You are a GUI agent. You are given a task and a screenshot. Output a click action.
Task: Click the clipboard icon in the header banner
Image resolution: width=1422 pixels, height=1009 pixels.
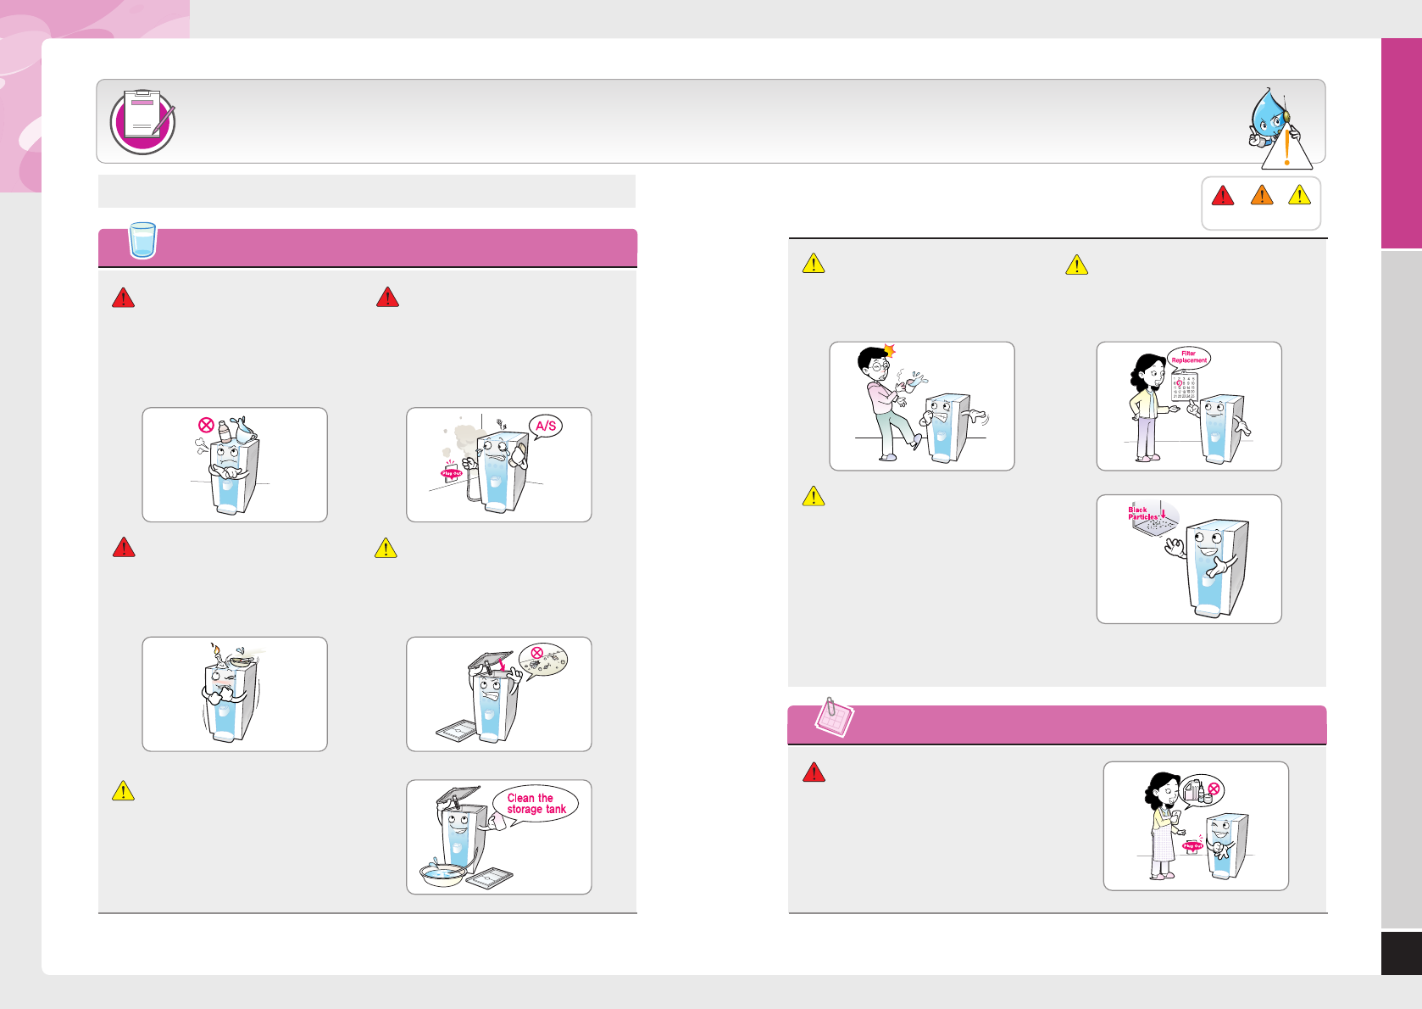pos(142,121)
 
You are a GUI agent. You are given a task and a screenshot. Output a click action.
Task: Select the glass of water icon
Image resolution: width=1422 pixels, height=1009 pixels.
pos(142,240)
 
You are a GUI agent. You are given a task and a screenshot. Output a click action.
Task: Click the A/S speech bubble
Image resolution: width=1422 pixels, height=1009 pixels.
pos(546,426)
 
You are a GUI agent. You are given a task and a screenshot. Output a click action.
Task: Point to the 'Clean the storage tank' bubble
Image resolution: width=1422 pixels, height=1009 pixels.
pos(536,803)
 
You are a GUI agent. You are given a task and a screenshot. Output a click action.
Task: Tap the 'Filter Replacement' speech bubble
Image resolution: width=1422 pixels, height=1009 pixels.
pos(1189,357)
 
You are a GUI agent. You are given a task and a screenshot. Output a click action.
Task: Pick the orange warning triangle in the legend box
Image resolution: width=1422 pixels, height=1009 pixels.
pos(1262,196)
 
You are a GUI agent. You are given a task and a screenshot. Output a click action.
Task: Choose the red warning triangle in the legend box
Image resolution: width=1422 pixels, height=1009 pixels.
pos(1223,196)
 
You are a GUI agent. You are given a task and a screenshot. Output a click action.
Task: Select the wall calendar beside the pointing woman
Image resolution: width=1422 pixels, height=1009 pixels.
pos(1184,387)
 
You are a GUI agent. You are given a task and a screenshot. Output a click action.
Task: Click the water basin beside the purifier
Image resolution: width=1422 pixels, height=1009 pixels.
pos(442,873)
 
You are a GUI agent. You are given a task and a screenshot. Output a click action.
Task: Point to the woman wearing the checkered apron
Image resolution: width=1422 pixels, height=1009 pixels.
pos(1163,827)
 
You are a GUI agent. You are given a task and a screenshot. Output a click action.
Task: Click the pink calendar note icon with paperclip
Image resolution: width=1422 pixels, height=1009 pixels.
pos(833,719)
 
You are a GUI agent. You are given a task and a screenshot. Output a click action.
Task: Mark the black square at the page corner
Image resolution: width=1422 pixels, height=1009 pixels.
pos(1401,953)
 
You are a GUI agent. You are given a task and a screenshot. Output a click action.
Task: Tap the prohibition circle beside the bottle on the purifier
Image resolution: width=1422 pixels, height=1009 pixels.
pos(206,425)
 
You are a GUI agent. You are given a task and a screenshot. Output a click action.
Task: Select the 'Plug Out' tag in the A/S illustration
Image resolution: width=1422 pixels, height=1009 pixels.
pos(451,473)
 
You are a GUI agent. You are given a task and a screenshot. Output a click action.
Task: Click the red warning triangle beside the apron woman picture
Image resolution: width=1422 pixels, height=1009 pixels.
pos(814,772)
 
